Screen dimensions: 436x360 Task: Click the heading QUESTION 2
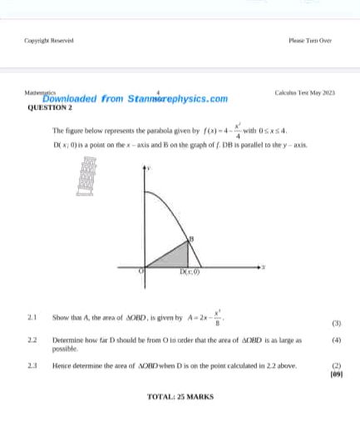[x=50, y=108]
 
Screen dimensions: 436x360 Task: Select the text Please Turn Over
[x=310, y=39]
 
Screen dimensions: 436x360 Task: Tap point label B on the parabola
[x=191, y=239]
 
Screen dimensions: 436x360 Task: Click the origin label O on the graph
[x=141, y=271]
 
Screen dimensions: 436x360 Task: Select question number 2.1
[x=31, y=317]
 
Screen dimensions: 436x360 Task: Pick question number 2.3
[x=31, y=365]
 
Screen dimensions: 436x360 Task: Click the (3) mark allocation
[x=336, y=323]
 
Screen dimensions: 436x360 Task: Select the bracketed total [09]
[x=336, y=374]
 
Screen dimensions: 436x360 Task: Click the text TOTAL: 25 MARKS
[x=180, y=396]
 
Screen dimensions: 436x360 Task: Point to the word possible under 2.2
[x=64, y=350]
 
